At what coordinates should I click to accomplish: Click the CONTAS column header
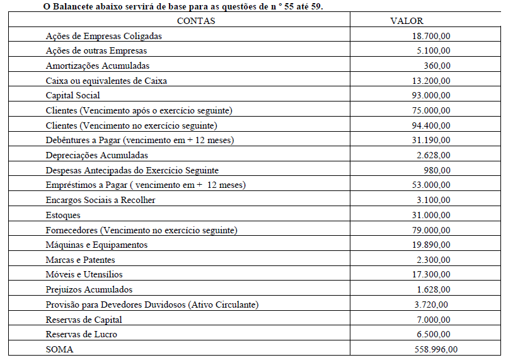point(196,21)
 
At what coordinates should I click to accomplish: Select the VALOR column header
point(407,21)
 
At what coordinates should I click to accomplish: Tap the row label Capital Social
point(73,95)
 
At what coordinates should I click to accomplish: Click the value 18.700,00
point(431,36)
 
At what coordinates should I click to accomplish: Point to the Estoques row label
point(63,215)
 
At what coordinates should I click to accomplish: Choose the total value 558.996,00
point(436,349)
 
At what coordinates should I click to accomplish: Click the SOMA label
point(60,349)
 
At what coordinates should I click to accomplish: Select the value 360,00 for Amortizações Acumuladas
point(437,66)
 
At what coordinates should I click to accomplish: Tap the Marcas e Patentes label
point(81,260)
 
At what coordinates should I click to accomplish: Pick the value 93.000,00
point(431,95)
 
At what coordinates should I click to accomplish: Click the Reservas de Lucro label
point(81,334)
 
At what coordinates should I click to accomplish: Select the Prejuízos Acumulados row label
point(89,289)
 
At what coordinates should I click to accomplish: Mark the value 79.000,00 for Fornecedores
point(431,230)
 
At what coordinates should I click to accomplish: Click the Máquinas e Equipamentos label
point(96,245)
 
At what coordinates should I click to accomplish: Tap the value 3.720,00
point(434,305)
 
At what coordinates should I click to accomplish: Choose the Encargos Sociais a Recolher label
point(100,200)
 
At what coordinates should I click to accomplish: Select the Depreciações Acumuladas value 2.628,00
point(434,155)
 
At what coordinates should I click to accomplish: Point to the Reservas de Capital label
point(84,320)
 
